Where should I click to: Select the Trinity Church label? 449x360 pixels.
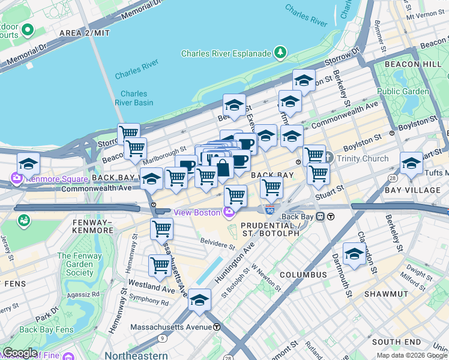(362, 158)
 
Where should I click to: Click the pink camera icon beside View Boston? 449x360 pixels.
(228, 212)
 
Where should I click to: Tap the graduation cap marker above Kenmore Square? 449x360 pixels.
(28, 164)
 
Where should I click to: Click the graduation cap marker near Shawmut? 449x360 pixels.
(354, 254)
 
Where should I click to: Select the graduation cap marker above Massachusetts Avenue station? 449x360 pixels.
(199, 301)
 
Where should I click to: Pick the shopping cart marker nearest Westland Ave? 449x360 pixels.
(160, 265)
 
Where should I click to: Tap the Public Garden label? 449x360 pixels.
(403, 92)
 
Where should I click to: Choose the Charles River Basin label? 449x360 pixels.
(133, 98)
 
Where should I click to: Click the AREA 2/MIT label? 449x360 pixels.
(85, 33)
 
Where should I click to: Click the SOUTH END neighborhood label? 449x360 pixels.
(393, 341)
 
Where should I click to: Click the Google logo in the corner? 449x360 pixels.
(20, 353)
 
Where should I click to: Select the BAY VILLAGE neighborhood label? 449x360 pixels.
(412, 190)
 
